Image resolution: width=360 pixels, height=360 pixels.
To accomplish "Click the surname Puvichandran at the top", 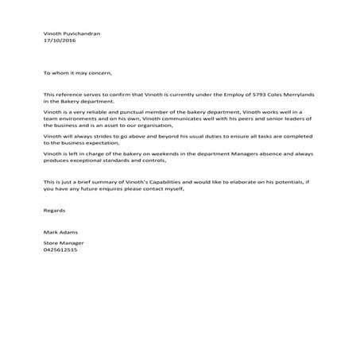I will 86,34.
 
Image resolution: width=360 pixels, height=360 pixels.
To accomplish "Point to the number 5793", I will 253,95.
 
